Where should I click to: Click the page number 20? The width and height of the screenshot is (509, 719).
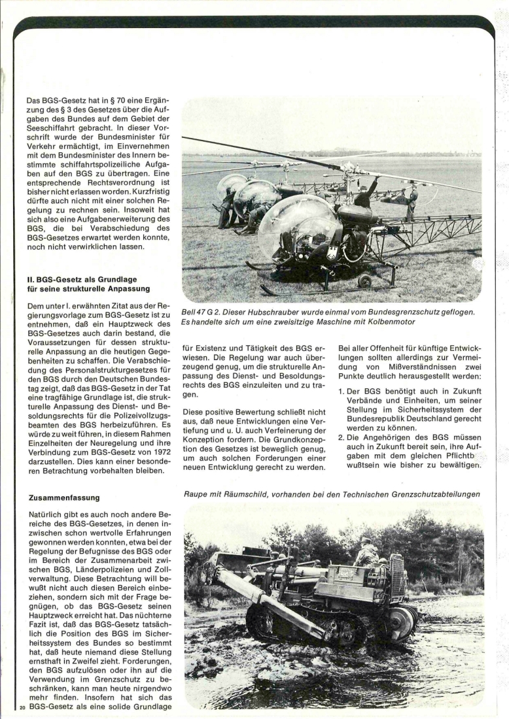tap(22, 707)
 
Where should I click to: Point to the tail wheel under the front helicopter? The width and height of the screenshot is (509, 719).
tap(364, 282)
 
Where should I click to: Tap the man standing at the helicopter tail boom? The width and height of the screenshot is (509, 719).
tap(412, 202)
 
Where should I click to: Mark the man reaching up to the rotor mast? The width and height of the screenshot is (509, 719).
tap(365, 195)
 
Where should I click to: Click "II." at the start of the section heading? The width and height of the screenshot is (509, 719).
tap(31, 278)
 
